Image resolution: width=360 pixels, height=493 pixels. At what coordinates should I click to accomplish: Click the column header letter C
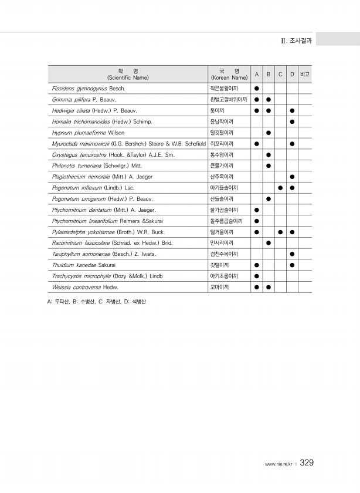pyautogui.click(x=280, y=74)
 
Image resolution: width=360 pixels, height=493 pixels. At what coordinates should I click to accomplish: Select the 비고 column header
pyautogui.click(x=304, y=74)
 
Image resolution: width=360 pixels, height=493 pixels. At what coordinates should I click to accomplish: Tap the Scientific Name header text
pyautogui.click(x=128, y=77)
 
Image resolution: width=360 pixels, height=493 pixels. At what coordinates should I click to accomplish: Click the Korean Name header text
pyautogui.click(x=229, y=77)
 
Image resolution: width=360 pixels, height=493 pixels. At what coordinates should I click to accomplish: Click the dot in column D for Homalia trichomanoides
pyautogui.click(x=292, y=121)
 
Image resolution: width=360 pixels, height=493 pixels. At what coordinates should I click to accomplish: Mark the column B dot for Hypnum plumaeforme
pyautogui.click(x=268, y=133)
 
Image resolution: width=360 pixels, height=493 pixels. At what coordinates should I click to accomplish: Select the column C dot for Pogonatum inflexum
pyautogui.click(x=280, y=188)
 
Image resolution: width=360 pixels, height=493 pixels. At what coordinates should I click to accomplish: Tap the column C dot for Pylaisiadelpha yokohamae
pyautogui.click(x=280, y=232)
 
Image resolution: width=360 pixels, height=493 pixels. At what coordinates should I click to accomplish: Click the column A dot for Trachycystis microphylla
pyautogui.click(x=256, y=276)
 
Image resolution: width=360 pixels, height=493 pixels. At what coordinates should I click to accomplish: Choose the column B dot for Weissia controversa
pyautogui.click(x=268, y=287)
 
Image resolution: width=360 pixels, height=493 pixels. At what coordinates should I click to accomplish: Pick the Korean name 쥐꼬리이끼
pyautogui.click(x=222, y=144)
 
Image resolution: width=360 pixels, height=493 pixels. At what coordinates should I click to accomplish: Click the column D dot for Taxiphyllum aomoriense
pyautogui.click(x=292, y=254)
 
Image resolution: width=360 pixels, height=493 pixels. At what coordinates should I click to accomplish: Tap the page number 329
pyautogui.click(x=307, y=463)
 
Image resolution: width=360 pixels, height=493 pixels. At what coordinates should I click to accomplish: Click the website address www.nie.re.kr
pyautogui.click(x=279, y=464)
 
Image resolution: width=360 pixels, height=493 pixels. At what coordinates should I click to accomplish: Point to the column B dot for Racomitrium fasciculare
pyautogui.click(x=268, y=243)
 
